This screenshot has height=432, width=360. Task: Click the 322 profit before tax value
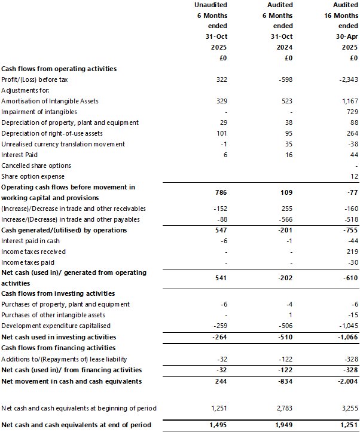point(222,79)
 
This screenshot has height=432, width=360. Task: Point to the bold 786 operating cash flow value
point(221,192)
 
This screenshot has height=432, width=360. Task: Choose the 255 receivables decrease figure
point(286,209)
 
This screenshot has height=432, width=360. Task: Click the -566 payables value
point(285,219)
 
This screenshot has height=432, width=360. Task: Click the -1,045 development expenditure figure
point(346,326)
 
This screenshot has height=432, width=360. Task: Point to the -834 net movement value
point(285,381)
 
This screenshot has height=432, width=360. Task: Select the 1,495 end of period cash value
point(219,426)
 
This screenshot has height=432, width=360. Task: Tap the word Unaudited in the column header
point(210,5)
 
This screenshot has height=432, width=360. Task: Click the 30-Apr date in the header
point(344,36)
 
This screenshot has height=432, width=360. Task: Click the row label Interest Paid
point(20,155)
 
